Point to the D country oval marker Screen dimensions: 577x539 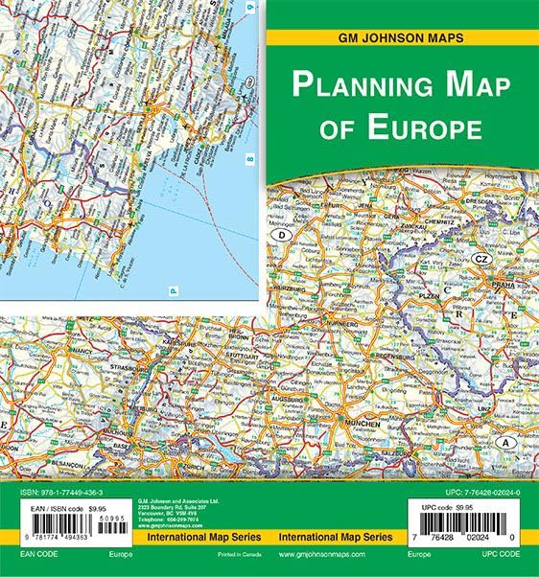(282, 233)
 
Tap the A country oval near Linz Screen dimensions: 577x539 (506, 443)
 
